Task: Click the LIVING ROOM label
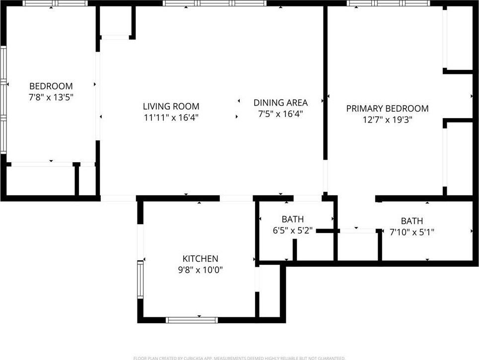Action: tap(171, 106)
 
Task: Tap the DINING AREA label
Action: tap(280, 103)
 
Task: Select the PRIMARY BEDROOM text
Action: tap(387, 109)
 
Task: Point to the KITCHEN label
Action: tap(201, 259)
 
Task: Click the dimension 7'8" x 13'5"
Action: tap(51, 97)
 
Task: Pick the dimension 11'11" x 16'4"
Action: tap(171, 118)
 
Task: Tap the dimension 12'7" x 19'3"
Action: tap(387, 120)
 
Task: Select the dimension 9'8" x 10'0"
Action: tap(201, 270)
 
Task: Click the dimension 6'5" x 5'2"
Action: tap(292, 230)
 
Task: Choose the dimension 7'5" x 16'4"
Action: tap(280, 114)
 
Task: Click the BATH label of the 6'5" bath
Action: tap(292, 219)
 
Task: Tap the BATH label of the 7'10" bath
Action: tap(412, 221)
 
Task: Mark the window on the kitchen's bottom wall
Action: tap(192, 320)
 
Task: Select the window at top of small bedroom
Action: tap(55, 3)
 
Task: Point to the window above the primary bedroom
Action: tap(388, 3)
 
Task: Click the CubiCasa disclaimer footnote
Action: tap(239, 358)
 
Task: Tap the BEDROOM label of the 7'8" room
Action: tap(51, 86)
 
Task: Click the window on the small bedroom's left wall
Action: tap(3, 99)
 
